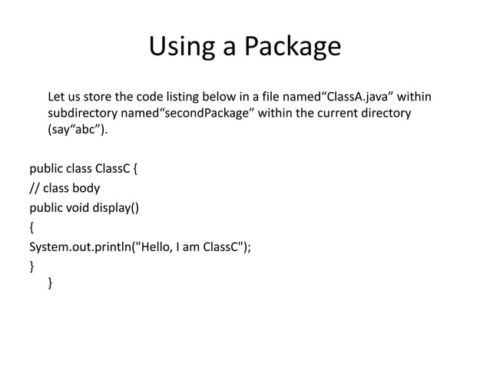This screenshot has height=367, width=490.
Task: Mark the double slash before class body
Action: (x=34, y=187)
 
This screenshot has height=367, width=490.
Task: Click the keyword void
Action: (x=84, y=207)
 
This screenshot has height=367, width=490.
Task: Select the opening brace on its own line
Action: (x=31, y=227)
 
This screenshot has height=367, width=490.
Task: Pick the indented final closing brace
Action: (x=51, y=283)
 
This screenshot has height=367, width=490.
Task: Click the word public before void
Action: (x=48, y=207)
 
